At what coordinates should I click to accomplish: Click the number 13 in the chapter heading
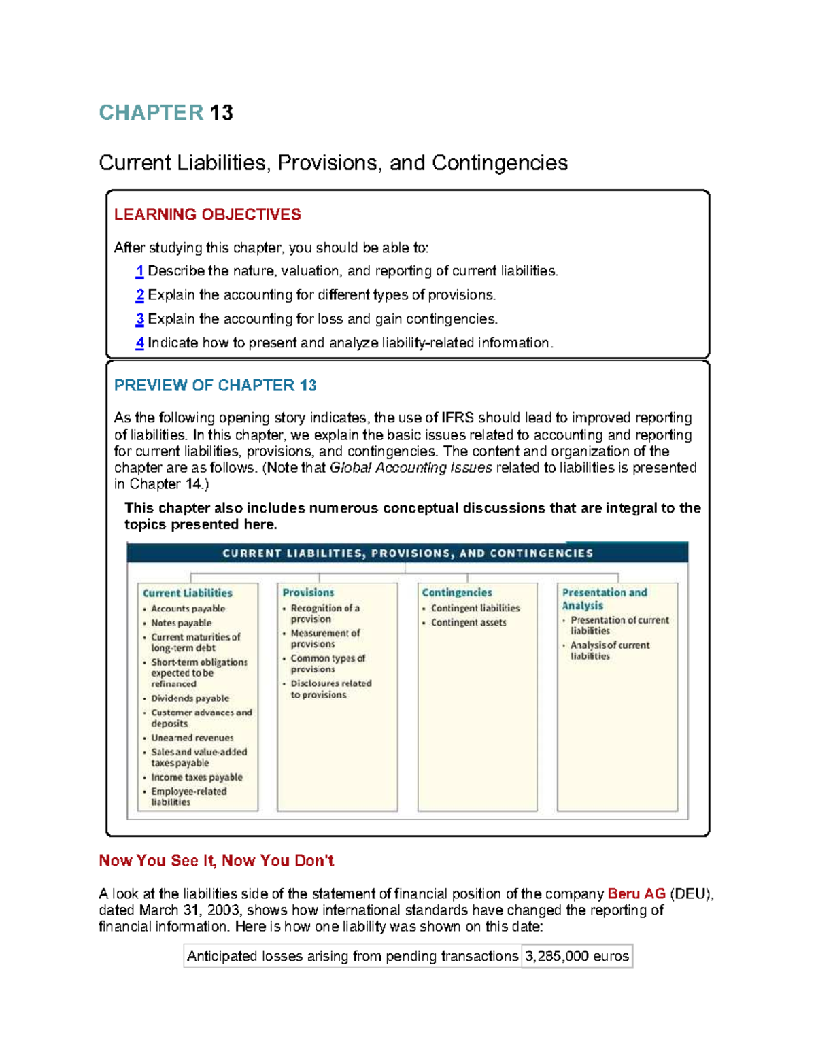pyautogui.click(x=222, y=113)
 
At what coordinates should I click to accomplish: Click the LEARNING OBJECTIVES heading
pyautogui.click(x=207, y=215)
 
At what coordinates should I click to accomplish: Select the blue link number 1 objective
pyautogui.click(x=139, y=271)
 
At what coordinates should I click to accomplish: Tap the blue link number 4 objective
pyautogui.click(x=139, y=343)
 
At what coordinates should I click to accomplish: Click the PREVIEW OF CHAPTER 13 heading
pyautogui.click(x=215, y=386)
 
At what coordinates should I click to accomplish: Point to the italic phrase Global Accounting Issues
pyautogui.click(x=411, y=468)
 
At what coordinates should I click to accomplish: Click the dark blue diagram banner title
pyautogui.click(x=407, y=553)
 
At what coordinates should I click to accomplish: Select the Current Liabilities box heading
pyautogui.click(x=188, y=593)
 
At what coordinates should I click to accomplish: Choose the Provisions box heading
pyautogui.click(x=308, y=593)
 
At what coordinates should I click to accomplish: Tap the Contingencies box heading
pyautogui.click(x=456, y=593)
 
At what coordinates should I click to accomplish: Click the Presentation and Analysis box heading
pyautogui.click(x=604, y=599)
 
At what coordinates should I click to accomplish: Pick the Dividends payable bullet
pyautogui.click(x=190, y=698)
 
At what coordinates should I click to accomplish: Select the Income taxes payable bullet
pyautogui.click(x=197, y=777)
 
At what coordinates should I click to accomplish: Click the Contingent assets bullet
pyautogui.click(x=469, y=623)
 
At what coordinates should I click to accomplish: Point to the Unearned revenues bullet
pyautogui.click(x=192, y=738)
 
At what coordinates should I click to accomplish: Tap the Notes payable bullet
pyautogui.click(x=181, y=623)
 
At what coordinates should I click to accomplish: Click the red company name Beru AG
pyautogui.click(x=636, y=894)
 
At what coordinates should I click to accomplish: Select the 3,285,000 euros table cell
pyautogui.click(x=577, y=957)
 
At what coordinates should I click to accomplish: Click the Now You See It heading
pyautogui.click(x=216, y=861)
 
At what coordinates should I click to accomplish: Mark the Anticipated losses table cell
pyautogui.click(x=352, y=957)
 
